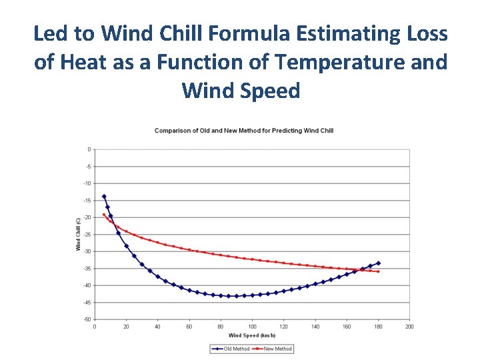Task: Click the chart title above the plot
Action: coord(244,131)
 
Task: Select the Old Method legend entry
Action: coord(235,349)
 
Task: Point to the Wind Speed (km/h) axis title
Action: coord(251,335)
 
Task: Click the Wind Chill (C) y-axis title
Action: coord(78,234)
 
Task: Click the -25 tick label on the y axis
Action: coord(88,235)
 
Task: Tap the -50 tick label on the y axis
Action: coord(88,319)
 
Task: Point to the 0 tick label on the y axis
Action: coord(89,149)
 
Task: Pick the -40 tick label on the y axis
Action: coord(88,285)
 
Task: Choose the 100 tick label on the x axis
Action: coord(252,327)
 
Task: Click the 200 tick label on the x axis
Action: coord(409,327)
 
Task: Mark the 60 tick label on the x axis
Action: coord(189,327)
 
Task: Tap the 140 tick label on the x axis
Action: coord(315,327)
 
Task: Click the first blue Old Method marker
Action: coord(104,197)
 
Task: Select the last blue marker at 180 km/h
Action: coord(379,263)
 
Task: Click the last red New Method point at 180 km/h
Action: coord(379,271)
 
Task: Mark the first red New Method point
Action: coord(104,215)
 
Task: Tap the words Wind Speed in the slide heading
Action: coord(241,91)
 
